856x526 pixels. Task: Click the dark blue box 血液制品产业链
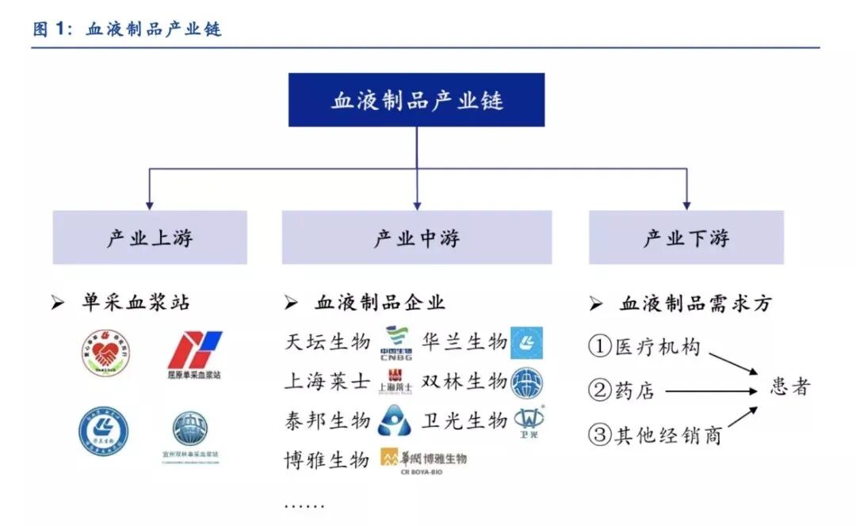point(416,100)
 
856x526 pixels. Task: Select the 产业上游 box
point(150,238)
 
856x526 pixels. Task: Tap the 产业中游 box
point(416,238)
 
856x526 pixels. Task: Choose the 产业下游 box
point(686,238)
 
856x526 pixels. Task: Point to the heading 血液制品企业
point(380,302)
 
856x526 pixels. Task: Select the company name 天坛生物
point(327,342)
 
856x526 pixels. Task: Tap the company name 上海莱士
point(327,381)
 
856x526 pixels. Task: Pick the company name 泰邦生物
point(327,420)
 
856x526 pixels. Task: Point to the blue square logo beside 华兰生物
point(527,342)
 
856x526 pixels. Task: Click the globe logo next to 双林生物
point(527,382)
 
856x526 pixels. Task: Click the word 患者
point(790,387)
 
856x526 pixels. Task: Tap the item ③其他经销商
point(655,435)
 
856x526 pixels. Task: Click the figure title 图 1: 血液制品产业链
point(127,30)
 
